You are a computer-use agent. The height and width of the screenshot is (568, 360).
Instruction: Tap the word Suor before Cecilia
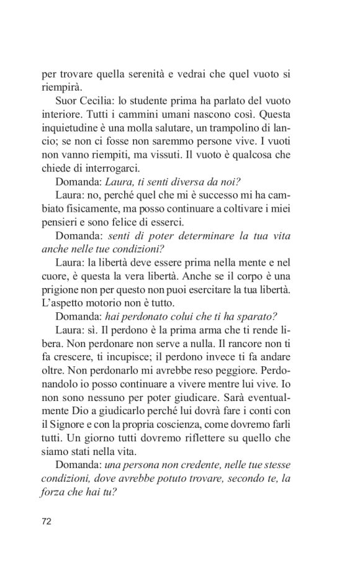tap(68, 101)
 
